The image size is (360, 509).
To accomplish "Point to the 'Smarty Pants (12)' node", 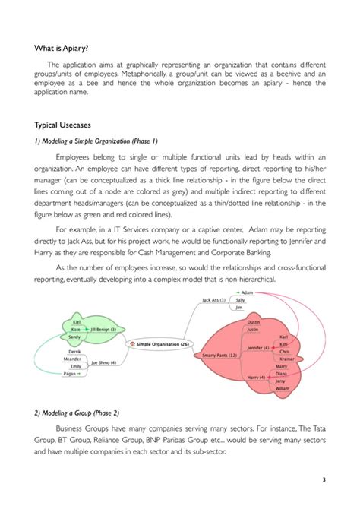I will pos(218,355).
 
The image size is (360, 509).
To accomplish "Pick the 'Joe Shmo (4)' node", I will pos(103,362).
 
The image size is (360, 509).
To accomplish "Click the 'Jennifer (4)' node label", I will pos(261,347).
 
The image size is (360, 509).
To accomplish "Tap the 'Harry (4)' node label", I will pos(257,377).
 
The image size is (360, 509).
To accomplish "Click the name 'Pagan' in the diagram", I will pos(70,374).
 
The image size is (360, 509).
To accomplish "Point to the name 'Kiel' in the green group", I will pos(77,322).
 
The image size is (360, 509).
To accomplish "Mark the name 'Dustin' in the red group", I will pos(254,322).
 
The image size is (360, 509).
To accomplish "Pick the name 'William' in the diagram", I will pos(283,387).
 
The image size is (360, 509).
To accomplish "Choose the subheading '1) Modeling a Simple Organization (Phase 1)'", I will pos(95,141).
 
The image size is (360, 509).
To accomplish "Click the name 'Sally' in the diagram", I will pos(240,300).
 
